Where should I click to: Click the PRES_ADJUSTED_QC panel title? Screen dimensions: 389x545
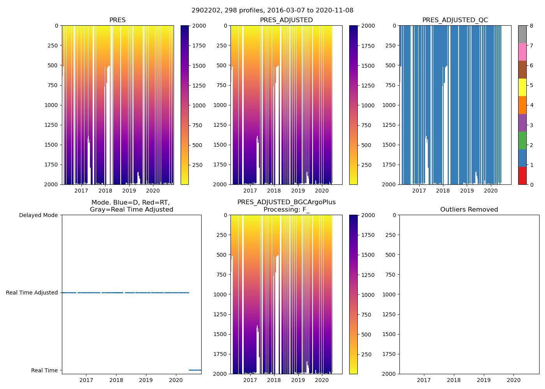455,20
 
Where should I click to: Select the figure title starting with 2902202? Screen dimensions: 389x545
272,11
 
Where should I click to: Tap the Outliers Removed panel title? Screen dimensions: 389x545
469,210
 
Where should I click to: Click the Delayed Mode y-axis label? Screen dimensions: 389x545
38,215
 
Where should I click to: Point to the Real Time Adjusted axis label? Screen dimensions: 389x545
32,293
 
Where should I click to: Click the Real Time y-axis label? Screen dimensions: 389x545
44,370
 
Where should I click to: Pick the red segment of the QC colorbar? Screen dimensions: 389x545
522,176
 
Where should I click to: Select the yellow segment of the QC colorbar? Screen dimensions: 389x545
522,87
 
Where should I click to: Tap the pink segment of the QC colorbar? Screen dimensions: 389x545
522,52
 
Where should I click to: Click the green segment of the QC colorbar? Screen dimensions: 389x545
522,140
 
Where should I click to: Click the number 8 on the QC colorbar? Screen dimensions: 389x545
531,26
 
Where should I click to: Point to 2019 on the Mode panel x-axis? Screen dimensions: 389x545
146,380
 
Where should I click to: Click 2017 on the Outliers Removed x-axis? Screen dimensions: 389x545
424,380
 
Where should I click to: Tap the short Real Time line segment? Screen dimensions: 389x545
195,370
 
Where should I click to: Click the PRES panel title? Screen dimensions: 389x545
117,20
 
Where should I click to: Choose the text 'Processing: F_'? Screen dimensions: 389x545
287,210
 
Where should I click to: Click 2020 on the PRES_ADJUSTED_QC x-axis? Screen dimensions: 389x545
490,191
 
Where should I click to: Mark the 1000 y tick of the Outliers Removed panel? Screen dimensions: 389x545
389,294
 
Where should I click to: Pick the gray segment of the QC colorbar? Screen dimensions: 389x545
522,34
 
